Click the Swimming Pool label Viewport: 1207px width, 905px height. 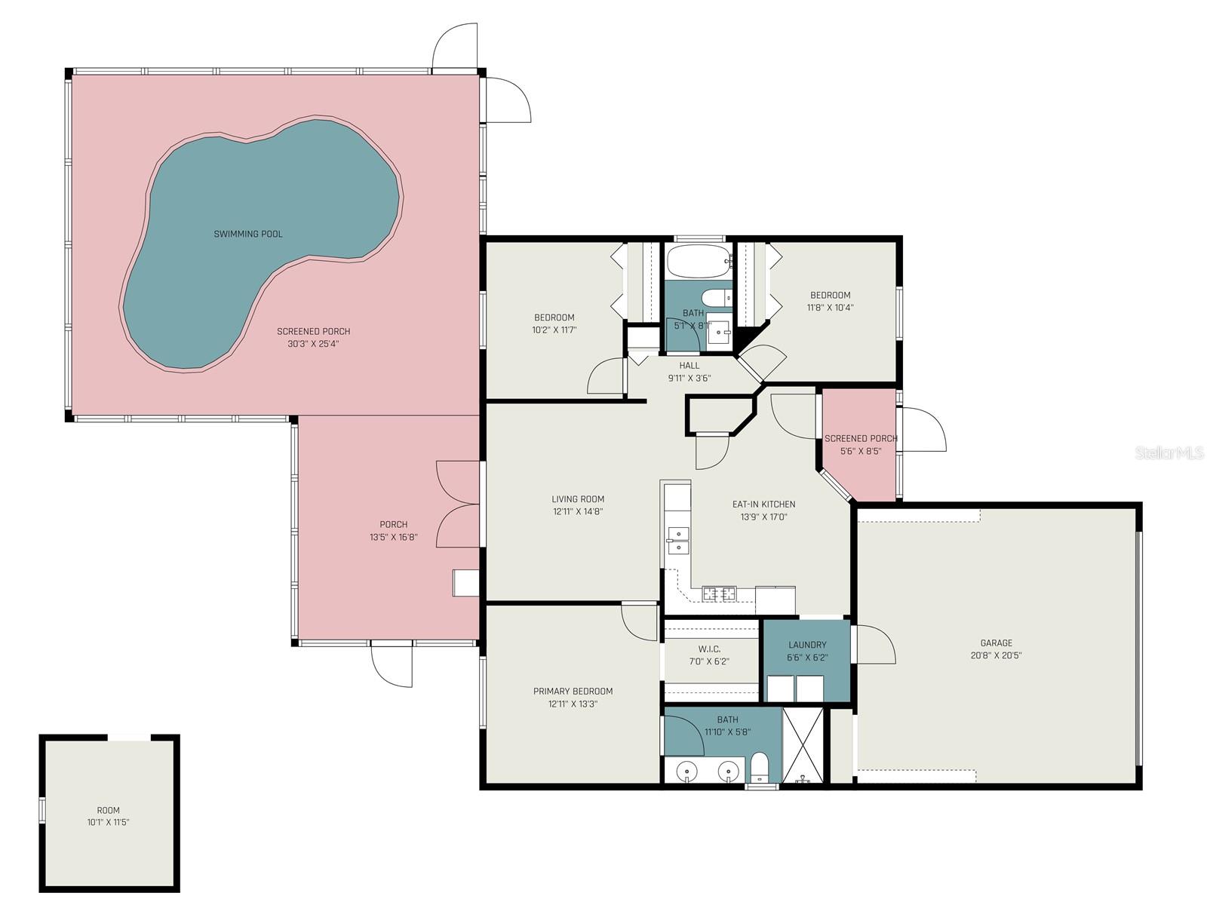tap(248, 234)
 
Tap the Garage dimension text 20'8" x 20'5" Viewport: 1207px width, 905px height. tap(997, 655)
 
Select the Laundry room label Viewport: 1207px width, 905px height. tap(807, 645)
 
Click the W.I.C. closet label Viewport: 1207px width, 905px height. tap(709, 649)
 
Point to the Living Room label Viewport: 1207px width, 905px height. tap(578, 499)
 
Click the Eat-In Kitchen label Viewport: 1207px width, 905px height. tap(763, 504)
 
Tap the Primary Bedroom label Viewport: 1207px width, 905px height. tap(573, 691)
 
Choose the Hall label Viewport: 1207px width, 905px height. tap(689, 366)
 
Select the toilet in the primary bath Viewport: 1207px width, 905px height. tap(759, 768)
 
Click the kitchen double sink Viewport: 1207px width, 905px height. tap(678, 540)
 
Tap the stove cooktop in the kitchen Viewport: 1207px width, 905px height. tap(719, 594)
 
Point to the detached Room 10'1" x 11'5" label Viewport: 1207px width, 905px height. tap(108, 810)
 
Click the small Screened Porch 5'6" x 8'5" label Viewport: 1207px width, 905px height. tap(861, 438)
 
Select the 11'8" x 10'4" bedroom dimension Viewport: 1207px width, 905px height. tap(831, 308)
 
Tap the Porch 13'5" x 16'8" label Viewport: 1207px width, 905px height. tap(393, 524)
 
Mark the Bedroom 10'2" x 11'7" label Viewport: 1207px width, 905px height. tap(554, 318)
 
